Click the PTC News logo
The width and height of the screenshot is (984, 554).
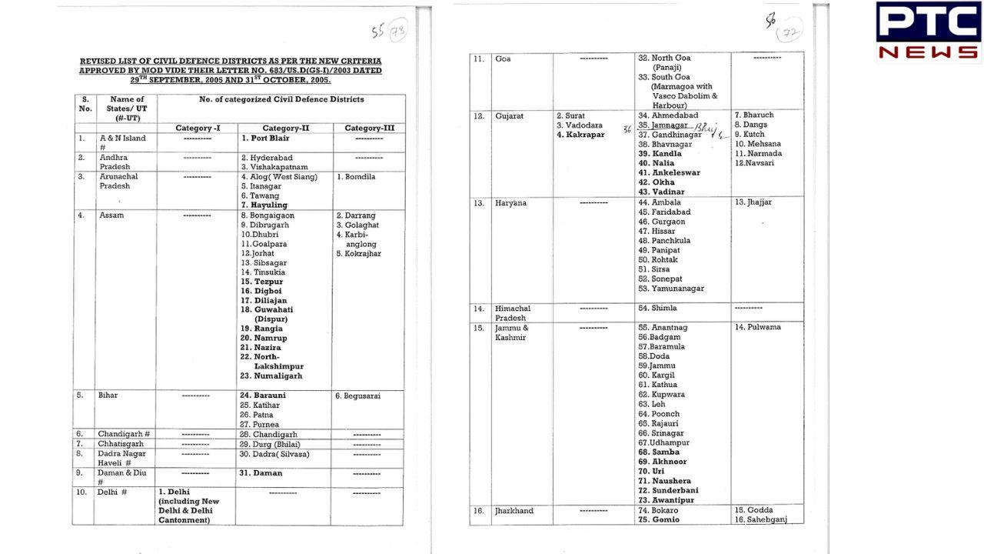tap(929, 31)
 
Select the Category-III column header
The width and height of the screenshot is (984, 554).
tap(369, 128)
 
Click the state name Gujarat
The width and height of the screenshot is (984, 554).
tap(510, 116)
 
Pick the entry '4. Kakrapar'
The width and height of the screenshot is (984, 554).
tap(580, 135)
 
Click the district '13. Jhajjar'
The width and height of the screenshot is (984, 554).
tap(753, 202)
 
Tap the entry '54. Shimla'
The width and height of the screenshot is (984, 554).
tap(657, 308)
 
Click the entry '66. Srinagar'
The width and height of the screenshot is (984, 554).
tap(660, 433)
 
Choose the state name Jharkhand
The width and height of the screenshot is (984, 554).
tap(514, 511)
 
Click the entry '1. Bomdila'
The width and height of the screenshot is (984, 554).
tap(357, 177)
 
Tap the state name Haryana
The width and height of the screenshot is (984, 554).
tap(511, 203)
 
